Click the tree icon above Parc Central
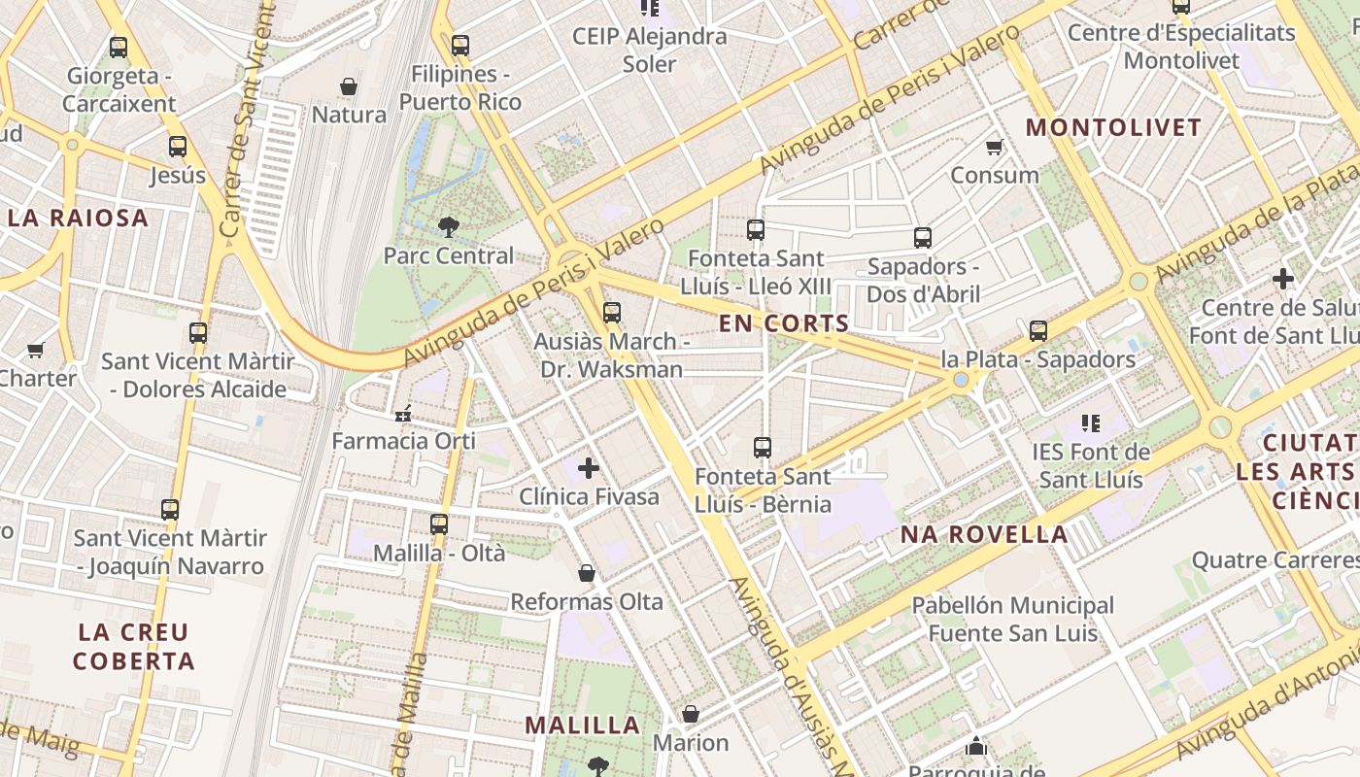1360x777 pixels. tap(448, 227)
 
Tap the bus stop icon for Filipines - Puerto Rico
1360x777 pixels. tap(460, 46)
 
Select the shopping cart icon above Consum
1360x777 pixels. tap(994, 148)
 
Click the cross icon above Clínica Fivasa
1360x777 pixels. tap(589, 468)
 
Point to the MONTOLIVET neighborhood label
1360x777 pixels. tap(1113, 127)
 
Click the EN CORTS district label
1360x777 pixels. tap(784, 323)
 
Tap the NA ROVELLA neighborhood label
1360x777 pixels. tap(984, 534)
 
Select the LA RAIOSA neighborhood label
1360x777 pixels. tap(79, 218)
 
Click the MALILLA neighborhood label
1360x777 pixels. tap(583, 725)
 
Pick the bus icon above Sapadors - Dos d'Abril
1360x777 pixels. tap(923, 238)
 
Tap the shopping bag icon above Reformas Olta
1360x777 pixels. tap(587, 573)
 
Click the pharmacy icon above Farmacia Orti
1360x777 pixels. tap(403, 413)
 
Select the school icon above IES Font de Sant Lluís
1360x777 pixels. tap(1091, 423)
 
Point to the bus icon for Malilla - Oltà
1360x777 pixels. tap(439, 524)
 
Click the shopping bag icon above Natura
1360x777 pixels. tap(349, 86)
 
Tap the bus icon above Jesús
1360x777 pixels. tap(178, 147)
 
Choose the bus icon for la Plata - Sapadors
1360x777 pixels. tap(1038, 331)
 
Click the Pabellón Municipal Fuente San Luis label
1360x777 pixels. tap(1012, 620)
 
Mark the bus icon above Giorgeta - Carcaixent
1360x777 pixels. tap(119, 47)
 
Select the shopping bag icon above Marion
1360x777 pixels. tap(691, 715)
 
